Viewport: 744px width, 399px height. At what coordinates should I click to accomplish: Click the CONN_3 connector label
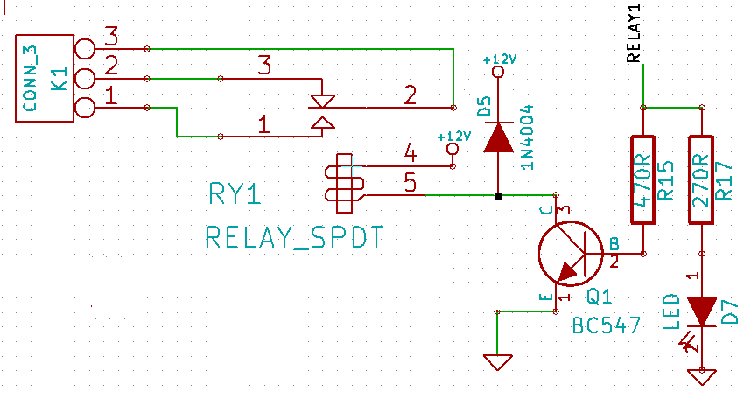(30, 78)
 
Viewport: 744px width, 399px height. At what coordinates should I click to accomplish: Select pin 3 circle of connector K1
(85, 48)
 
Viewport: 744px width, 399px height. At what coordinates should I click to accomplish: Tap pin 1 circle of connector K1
(85, 108)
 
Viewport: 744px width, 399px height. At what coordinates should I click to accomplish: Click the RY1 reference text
(235, 194)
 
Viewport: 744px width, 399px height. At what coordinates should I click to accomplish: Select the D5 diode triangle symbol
(498, 136)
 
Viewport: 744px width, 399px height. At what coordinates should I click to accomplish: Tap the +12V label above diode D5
(501, 59)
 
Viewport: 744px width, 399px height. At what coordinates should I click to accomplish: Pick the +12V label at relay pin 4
(453, 136)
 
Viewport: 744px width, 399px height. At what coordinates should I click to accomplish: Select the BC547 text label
(606, 326)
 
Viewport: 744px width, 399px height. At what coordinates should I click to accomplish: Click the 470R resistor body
(643, 179)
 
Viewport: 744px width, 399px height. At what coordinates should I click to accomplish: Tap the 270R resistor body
(701, 179)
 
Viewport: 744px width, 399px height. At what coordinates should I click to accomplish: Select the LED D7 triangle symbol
(701, 311)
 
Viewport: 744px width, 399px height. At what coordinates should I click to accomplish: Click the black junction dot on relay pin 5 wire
(498, 196)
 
